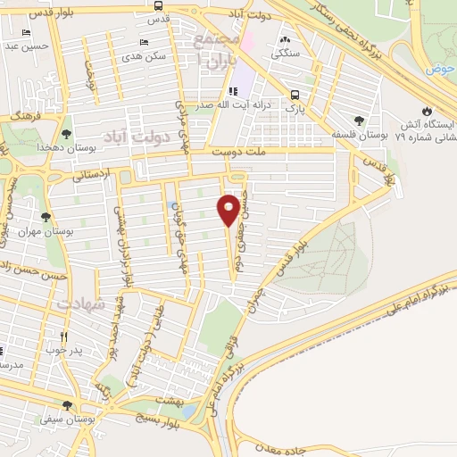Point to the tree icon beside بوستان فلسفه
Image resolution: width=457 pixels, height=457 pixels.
click(x=359, y=119)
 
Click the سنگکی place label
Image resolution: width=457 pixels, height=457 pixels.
click(x=287, y=53)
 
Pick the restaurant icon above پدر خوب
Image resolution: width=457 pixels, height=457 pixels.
click(x=63, y=337)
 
